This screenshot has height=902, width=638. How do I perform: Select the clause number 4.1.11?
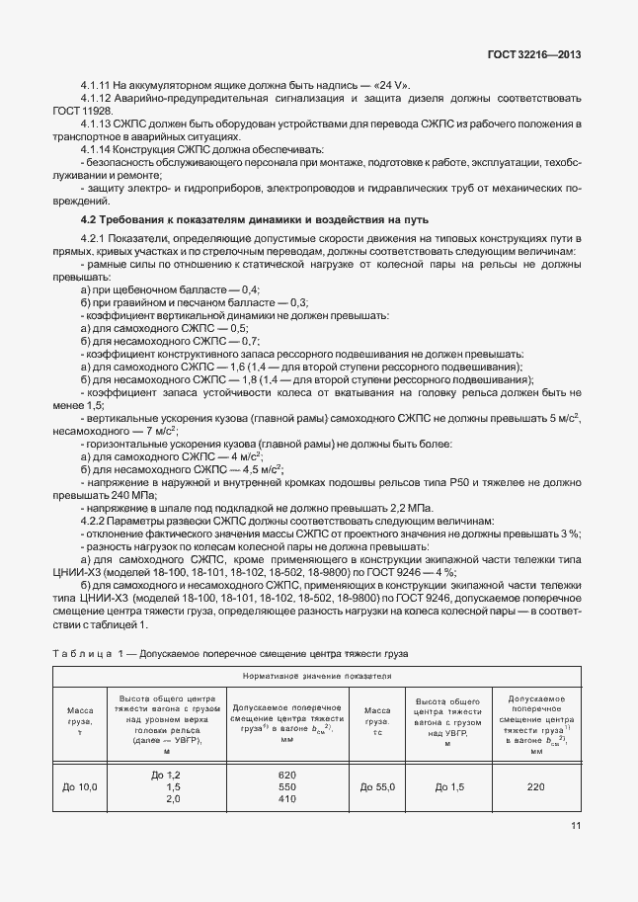click(99, 85)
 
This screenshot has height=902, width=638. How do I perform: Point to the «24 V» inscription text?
click(387, 85)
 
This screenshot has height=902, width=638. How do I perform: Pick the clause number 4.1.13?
click(99, 123)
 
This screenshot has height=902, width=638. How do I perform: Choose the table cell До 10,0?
click(80, 786)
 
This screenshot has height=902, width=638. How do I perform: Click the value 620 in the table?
click(287, 775)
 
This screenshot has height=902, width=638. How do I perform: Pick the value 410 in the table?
click(287, 798)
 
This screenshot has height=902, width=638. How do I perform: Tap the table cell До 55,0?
click(378, 786)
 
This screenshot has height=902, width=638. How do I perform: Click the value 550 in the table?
click(287, 786)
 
